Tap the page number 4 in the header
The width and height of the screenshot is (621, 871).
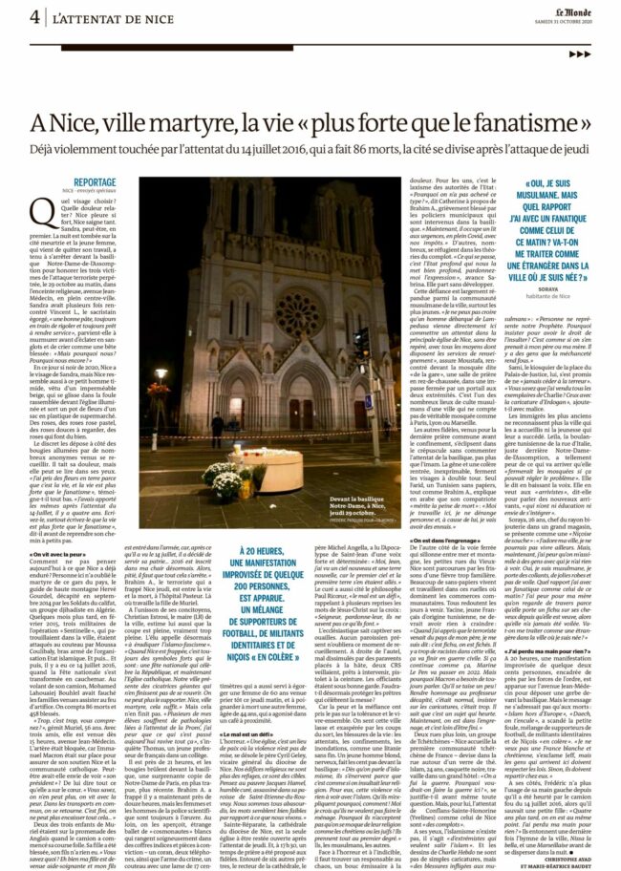tap(34, 17)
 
